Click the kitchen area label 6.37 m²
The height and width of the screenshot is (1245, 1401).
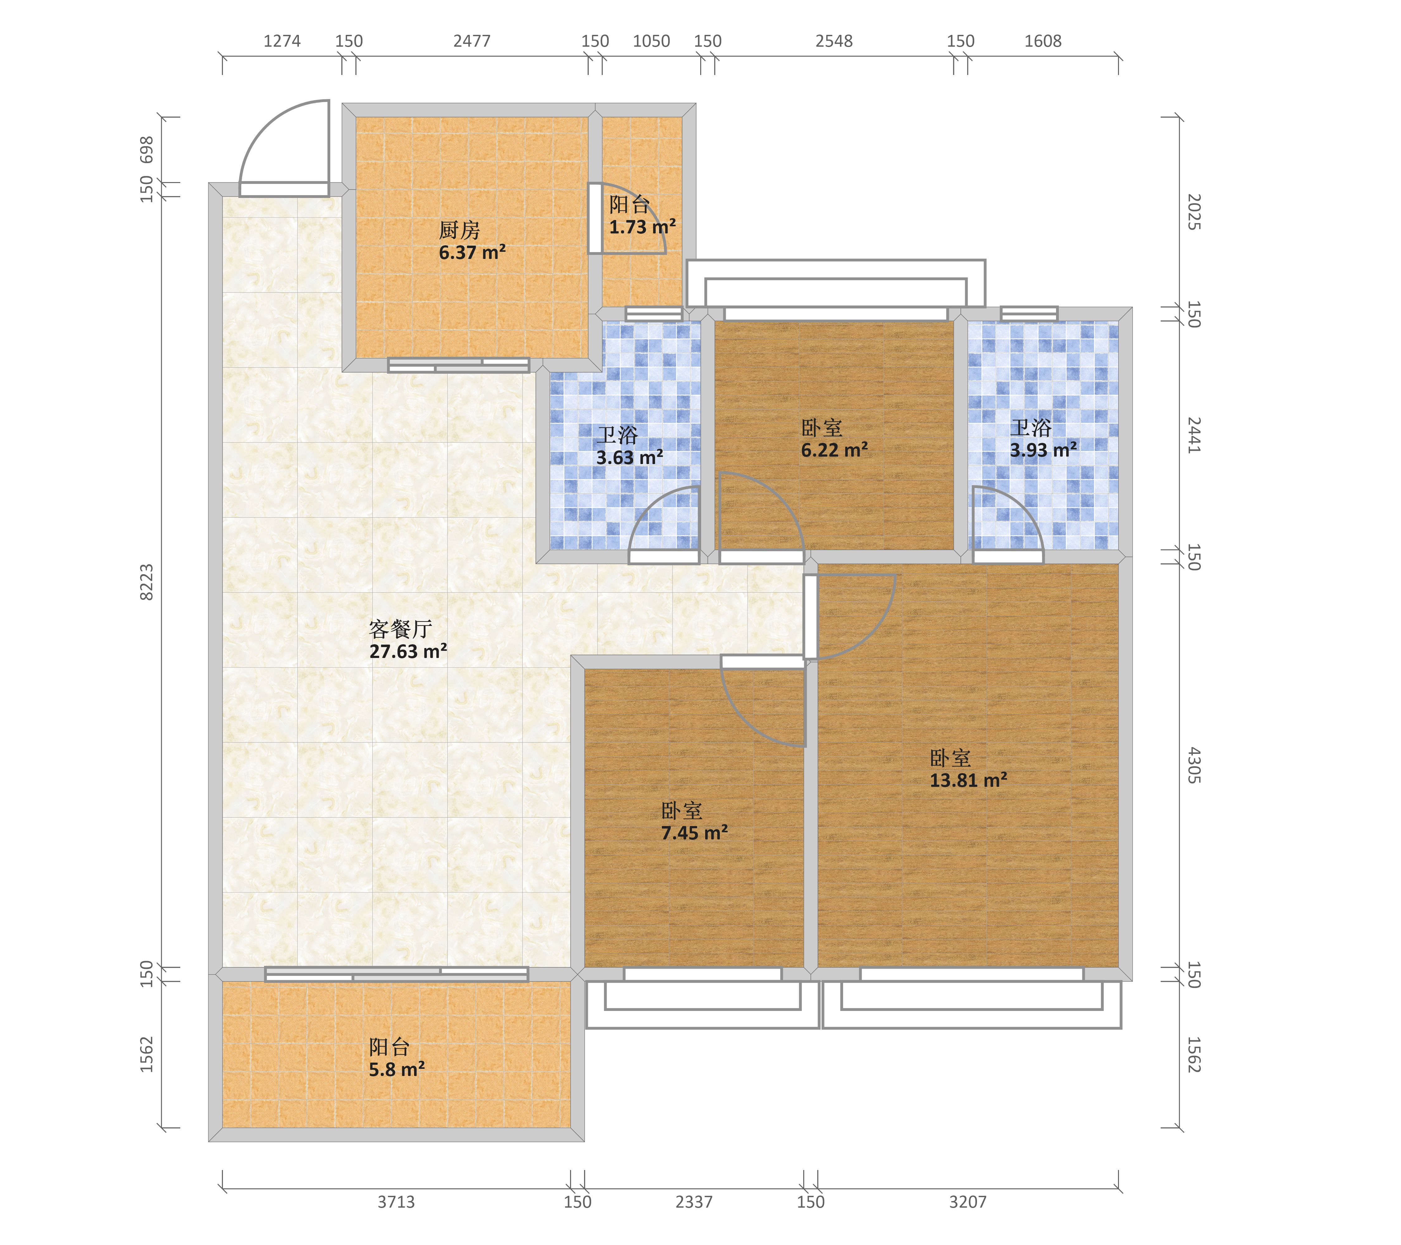pyautogui.click(x=472, y=253)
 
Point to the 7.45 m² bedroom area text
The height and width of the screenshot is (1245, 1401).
pyautogui.click(x=694, y=833)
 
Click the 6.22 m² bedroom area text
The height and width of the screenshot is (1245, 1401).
pyautogui.click(x=835, y=450)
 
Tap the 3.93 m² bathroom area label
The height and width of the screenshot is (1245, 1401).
pyautogui.click(x=1043, y=450)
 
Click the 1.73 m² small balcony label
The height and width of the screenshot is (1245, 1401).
pyautogui.click(x=643, y=227)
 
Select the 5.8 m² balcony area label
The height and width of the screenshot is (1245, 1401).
pyautogui.click(x=397, y=1069)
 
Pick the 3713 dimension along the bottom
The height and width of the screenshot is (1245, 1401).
pyautogui.click(x=396, y=1202)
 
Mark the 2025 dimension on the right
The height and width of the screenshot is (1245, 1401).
pyautogui.click(x=1194, y=212)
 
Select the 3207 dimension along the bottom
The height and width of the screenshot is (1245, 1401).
pyautogui.click(x=968, y=1202)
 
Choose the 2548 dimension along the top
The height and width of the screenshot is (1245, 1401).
pyautogui.click(x=834, y=41)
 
